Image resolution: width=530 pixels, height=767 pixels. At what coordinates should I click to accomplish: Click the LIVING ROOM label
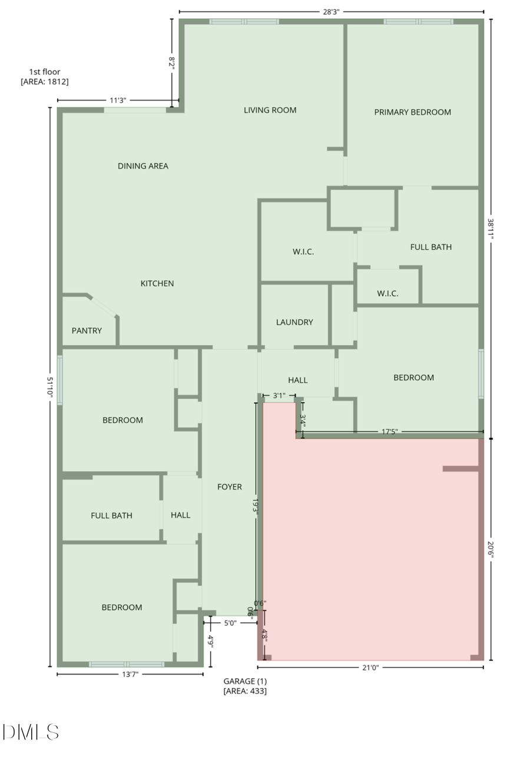pos(270,110)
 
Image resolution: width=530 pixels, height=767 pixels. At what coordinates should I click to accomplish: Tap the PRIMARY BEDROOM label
pos(412,112)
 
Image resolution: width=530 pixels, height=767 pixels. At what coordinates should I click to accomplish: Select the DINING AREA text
pos(143,166)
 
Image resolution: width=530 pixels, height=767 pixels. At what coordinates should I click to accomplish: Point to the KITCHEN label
pos(157,284)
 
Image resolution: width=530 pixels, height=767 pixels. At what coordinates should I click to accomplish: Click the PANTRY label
pos(87,331)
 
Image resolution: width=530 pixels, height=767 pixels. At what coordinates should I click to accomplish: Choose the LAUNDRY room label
pos(294,323)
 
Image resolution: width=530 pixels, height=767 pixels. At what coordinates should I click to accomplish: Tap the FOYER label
pos(230,487)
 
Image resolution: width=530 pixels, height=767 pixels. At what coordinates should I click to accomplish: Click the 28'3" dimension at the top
pos(331,11)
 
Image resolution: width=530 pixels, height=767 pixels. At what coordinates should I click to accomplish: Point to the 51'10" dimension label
pos(51,388)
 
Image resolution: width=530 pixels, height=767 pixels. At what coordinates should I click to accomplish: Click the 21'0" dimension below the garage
pos(370,668)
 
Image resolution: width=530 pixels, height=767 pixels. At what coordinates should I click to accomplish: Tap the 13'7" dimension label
pos(130,675)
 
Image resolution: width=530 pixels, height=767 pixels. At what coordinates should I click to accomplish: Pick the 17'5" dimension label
pos(389,432)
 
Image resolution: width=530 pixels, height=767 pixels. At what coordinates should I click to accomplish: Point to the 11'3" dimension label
pos(118,101)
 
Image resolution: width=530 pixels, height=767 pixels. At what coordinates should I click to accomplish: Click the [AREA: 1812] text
pos(45,82)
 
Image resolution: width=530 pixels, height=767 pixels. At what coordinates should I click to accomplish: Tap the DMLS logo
pos(31,732)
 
